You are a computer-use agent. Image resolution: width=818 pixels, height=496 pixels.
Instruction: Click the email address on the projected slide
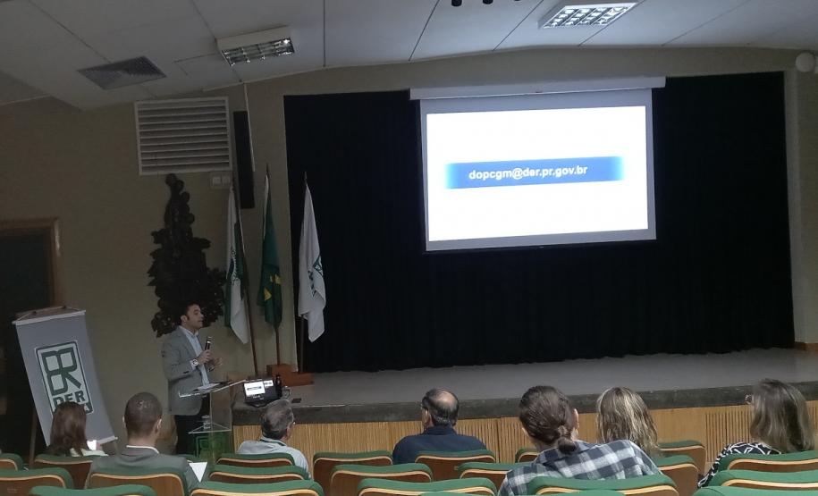pyautogui.click(x=534, y=172)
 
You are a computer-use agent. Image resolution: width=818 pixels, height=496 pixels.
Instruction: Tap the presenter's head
pyautogui.click(x=191, y=315)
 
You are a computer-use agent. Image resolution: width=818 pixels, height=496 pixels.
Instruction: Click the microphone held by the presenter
pyautogui.click(x=207, y=344)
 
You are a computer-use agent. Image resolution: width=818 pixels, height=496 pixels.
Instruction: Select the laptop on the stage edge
pyautogui.click(x=260, y=391)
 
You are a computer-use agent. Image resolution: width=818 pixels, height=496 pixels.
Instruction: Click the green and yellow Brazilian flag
pyautogui.click(x=269, y=268)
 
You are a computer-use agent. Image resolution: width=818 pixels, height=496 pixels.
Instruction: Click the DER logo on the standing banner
pyautogui.click(x=63, y=376)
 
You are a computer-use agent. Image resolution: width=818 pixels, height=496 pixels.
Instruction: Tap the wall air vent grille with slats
pyautogui.click(x=182, y=135)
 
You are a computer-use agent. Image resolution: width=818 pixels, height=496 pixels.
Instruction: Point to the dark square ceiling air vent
pyautogui.click(x=122, y=72)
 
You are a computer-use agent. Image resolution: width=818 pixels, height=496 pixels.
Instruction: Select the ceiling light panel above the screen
pyautogui.click(x=587, y=14)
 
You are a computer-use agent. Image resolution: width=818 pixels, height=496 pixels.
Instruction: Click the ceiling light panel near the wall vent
pyautogui.click(x=257, y=51)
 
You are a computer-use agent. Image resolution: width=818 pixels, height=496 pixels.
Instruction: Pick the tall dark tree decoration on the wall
pyautogui.click(x=183, y=259)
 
